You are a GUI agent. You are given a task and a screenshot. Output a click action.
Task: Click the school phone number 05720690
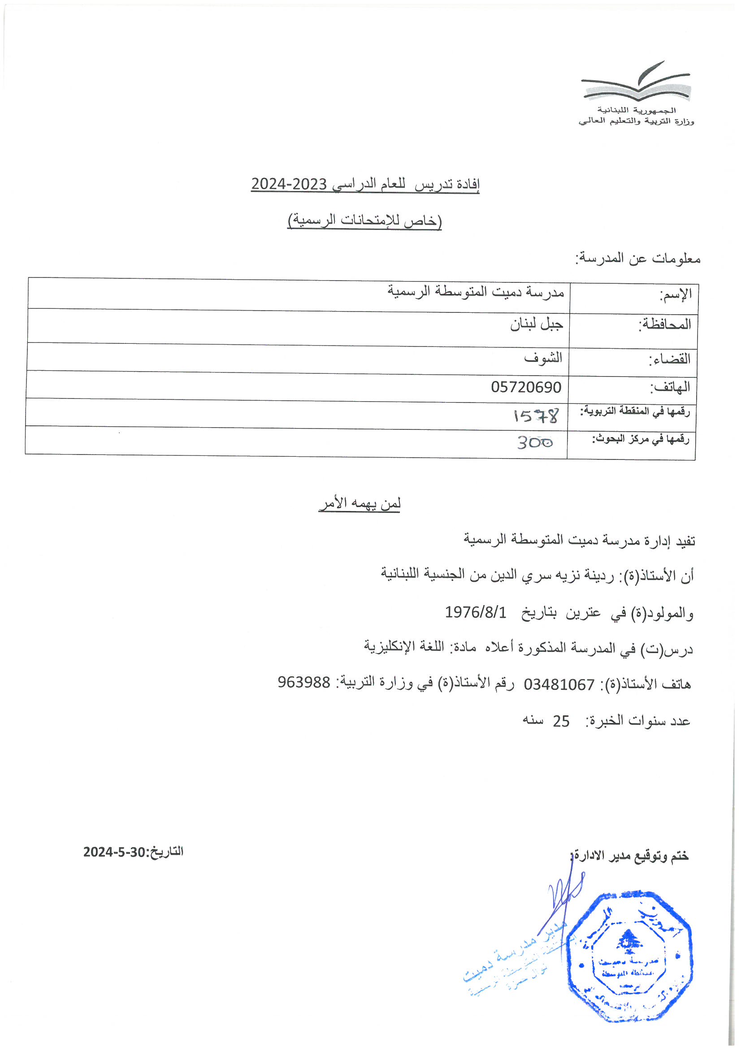click(x=526, y=387)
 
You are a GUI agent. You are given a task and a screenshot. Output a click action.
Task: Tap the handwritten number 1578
click(x=536, y=416)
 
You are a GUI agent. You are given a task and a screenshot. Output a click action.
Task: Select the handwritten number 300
click(x=535, y=442)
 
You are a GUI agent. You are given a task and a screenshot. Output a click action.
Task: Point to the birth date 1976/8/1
click(x=476, y=612)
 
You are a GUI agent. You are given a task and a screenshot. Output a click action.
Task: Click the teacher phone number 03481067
click(x=559, y=684)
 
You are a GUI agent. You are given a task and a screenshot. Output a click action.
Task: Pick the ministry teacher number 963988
click(x=303, y=682)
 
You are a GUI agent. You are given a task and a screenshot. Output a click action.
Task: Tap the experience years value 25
click(x=561, y=721)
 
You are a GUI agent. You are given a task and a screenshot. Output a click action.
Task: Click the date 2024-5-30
click(x=114, y=852)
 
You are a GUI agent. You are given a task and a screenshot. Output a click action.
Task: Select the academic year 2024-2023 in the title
click(x=289, y=184)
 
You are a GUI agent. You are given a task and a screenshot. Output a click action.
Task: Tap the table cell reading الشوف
click(x=543, y=357)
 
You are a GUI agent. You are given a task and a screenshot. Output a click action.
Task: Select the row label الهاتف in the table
click(x=670, y=388)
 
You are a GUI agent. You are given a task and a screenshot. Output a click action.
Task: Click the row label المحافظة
click(x=665, y=325)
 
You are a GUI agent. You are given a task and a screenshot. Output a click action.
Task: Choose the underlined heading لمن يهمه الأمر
click(x=360, y=503)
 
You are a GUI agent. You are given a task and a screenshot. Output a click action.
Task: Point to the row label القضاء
click(x=669, y=359)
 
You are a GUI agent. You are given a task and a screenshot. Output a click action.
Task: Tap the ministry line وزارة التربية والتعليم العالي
click(x=636, y=121)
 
